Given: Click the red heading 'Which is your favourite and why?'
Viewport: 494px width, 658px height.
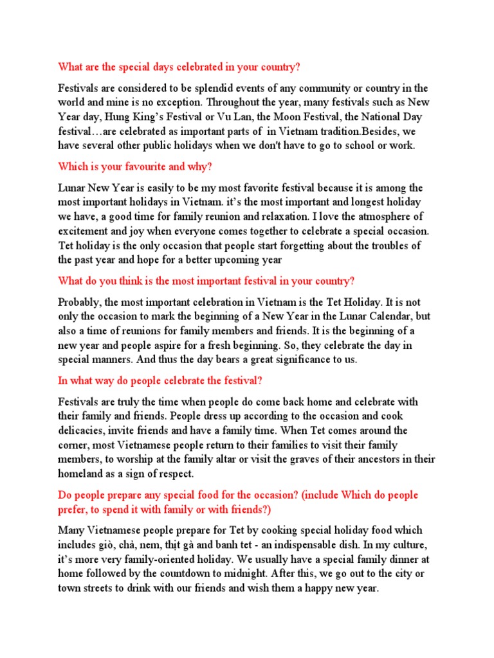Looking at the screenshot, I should point(135,166).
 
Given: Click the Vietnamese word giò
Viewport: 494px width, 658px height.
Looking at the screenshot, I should point(105,545).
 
